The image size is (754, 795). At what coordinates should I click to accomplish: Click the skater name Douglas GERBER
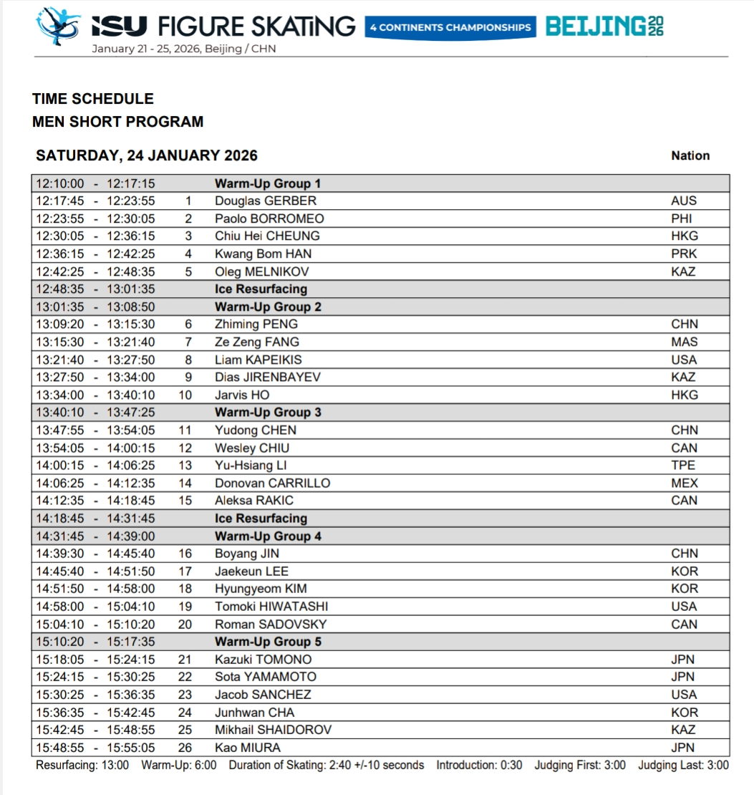[265, 201]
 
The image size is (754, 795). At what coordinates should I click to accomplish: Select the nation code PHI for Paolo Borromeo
[681, 218]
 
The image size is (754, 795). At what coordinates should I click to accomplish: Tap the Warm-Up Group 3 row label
[268, 413]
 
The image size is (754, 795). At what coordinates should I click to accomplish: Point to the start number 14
[185, 483]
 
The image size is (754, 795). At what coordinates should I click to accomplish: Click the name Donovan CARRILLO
[272, 483]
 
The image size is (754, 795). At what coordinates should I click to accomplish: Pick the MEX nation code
[684, 483]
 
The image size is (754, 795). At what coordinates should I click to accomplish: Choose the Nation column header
[690, 155]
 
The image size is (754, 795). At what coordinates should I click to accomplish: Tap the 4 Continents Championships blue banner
[450, 28]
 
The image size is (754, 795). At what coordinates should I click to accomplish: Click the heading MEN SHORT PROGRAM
[117, 122]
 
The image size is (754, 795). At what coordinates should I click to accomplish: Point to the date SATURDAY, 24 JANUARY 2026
[147, 155]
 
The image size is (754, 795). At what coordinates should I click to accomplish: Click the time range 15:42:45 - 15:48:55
[95, 730]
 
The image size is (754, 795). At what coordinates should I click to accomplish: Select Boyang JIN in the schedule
[247, 554]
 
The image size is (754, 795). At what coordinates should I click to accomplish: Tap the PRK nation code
[684, 254]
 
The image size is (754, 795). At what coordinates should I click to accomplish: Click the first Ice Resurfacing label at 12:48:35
[261, 289]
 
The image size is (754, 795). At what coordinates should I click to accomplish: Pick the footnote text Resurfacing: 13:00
[82, 765]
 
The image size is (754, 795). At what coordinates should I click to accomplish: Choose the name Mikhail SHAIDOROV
[273, 730]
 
